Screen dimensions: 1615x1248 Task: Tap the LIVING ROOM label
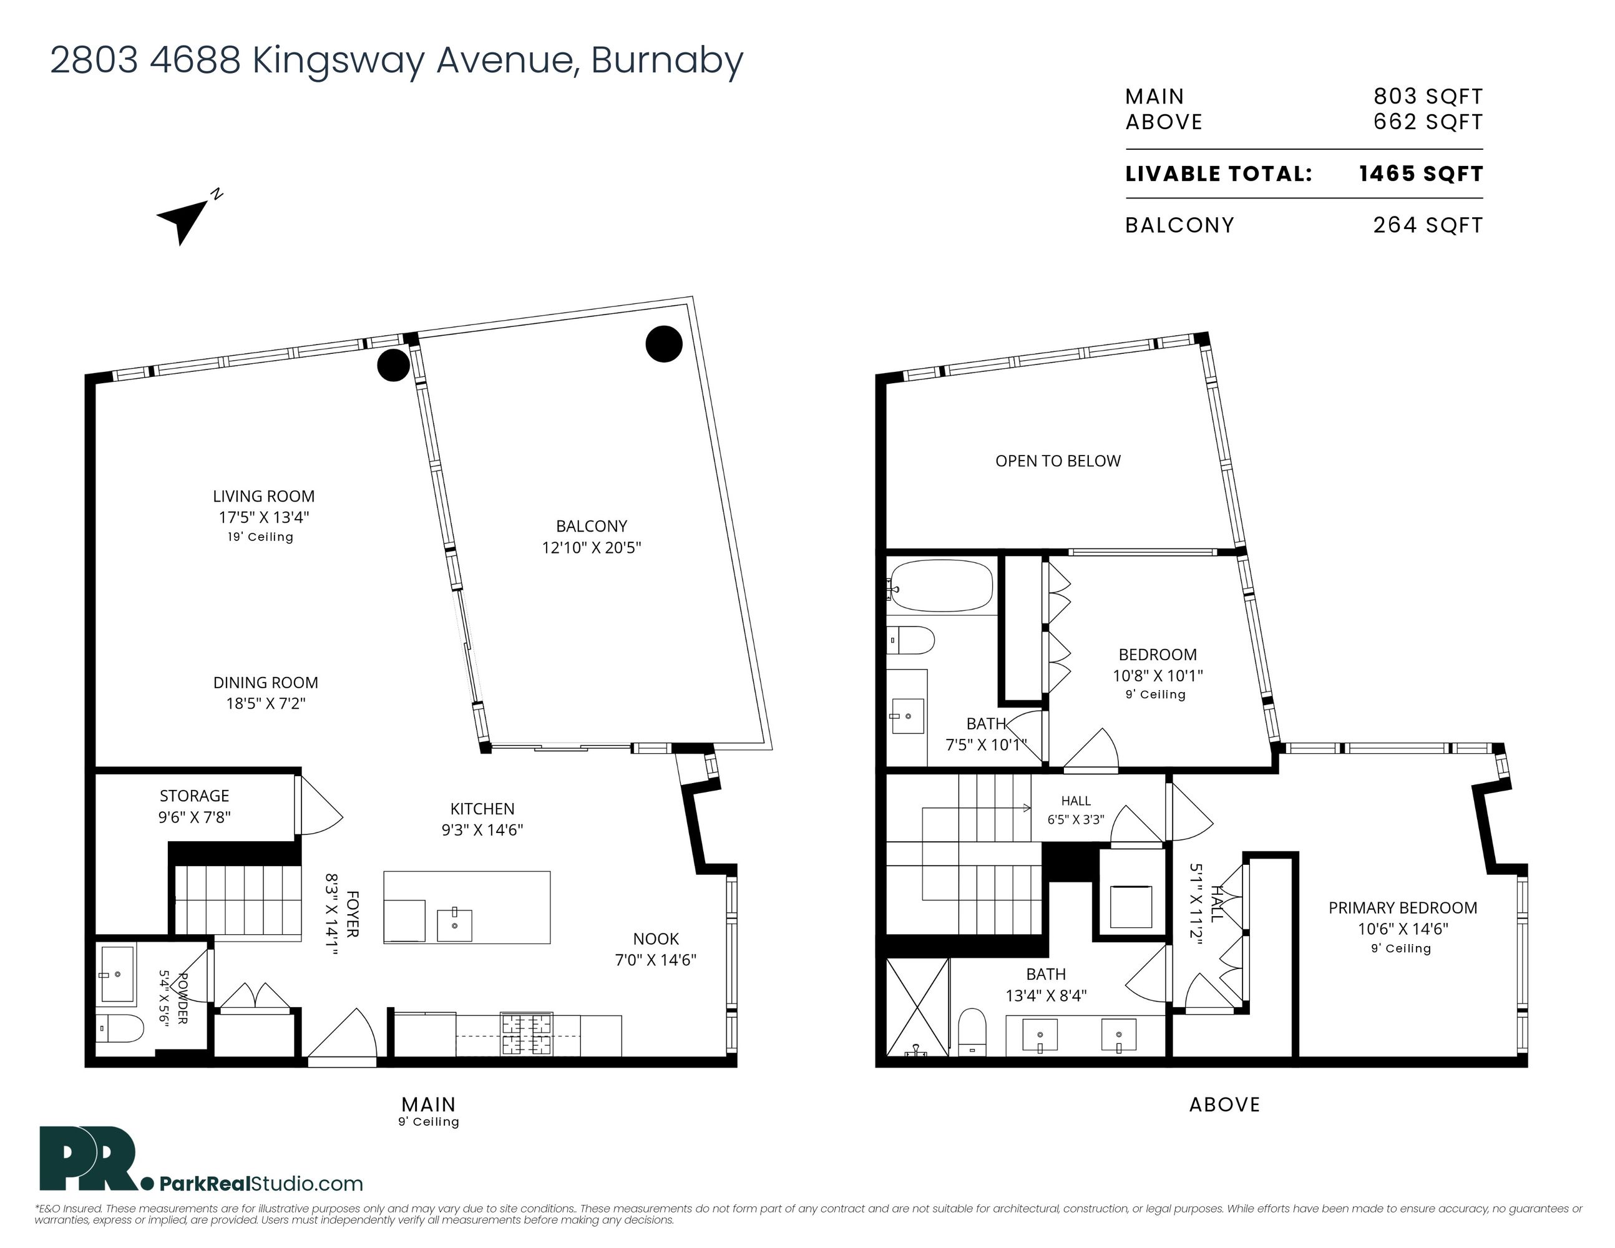(x=263, y=496)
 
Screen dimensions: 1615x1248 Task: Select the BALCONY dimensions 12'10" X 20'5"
(x=592, y=547)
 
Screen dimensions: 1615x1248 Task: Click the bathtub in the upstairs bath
(x=941, y=585)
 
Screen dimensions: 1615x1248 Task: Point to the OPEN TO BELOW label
(x=1058, y=461)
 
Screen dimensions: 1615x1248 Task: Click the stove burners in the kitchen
(x=527, y=1033)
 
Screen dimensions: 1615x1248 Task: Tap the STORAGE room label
(x=195, y=796)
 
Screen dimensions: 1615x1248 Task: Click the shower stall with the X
(x=917, y=1007)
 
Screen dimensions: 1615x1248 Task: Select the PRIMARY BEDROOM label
(x=1402, y=907)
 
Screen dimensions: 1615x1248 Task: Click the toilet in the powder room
(x=120, y=1028)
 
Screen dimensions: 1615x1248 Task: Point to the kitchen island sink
(x=454, y=925)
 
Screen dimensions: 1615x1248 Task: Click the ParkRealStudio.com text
(x=261, y=1183)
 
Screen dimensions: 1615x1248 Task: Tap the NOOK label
(x=656, y=938)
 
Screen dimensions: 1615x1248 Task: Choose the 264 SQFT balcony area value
(x=1428, y=225)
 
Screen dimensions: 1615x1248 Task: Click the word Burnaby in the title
(x=667, y=61)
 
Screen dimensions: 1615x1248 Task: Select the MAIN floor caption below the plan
(x=428, y=1104)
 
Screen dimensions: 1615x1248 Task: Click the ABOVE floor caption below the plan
(x=1224, y=1104)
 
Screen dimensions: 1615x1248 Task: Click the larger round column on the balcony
(x=664, y=344)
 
